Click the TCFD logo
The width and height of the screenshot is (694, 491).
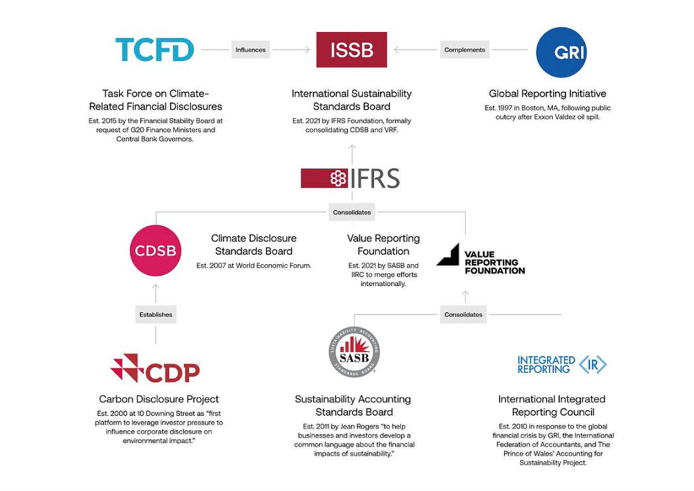(x=155, y=49)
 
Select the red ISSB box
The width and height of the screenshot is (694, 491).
(x=352, y=49)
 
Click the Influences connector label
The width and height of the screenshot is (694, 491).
(x=250, y=49)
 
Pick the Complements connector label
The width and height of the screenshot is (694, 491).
(x=464, y=49)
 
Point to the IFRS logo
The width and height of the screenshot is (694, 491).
(x=351, y=179)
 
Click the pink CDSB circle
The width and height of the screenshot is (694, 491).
(x=156, y=251)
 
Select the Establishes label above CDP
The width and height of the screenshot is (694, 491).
(x=156, y=314)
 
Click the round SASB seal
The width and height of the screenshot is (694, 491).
(x=354, y=352)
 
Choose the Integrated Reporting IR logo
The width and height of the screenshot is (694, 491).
(x=561, y=364)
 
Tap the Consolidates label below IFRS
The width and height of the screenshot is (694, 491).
(x=352, y=213)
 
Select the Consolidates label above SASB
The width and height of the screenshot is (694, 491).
(x=464, y=314)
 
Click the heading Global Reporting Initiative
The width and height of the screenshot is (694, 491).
(x=548, y=93)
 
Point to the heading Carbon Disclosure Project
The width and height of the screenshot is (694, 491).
(x=159, y=399)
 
